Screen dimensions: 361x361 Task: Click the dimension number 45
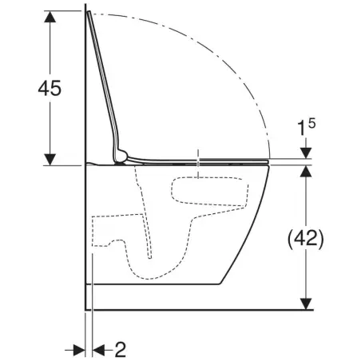pos(50,88)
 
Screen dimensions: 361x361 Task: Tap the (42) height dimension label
pos(306,238)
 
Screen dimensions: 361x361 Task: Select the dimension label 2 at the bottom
pos(120,350)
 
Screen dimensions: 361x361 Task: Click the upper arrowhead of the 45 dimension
pos(50,17)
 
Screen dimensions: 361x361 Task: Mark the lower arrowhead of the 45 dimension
pos(50,159)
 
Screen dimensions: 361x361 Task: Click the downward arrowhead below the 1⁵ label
pos(306,153)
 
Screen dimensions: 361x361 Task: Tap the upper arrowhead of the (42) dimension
pos(306,171)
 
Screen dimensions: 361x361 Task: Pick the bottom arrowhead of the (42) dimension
pos(306,304)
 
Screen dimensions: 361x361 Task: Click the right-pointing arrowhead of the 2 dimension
pos(79,350)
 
